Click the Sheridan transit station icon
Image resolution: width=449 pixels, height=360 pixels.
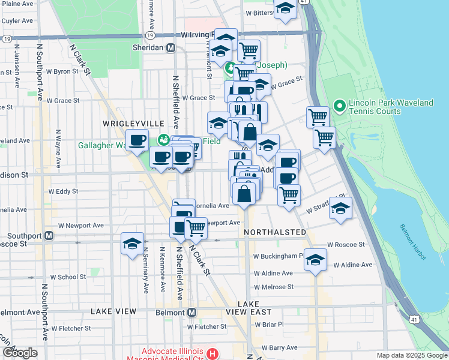click(x=171, y=48)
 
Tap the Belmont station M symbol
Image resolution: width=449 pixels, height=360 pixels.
click(x=192, y=313)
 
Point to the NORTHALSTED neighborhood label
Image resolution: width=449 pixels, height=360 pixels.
click(x=275, y=232)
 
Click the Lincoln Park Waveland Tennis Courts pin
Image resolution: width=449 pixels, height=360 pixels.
click(x=339, y=107)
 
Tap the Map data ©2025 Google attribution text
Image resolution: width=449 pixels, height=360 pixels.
click(x=411, y=355)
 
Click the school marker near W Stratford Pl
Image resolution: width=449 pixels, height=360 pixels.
click(x=340, y=208)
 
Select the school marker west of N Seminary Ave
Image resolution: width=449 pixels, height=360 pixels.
click(x=132, y=244)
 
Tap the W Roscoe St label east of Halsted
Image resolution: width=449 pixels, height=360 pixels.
click(x=346, y=245)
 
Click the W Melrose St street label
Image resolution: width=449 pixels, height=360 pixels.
click(x=273, y=287)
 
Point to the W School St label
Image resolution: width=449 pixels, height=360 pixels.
click(x=68, y=277)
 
